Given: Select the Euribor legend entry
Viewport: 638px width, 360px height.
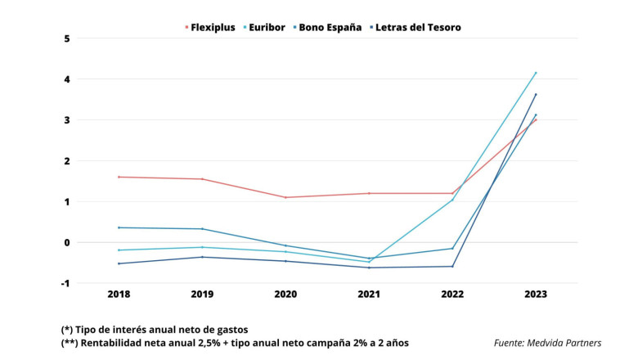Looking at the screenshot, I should coord(264,27).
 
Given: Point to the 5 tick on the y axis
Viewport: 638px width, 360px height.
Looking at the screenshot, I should coord(67,38).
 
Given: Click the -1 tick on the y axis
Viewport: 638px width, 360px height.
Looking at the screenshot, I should coord(65,283).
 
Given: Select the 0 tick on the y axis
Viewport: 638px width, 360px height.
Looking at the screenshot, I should coord(67,242).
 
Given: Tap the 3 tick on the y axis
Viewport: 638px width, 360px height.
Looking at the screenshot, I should coord(67,120).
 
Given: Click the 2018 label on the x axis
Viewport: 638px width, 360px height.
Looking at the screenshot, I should coord(119,294).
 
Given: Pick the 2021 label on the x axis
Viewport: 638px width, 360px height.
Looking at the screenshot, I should coord(369,294).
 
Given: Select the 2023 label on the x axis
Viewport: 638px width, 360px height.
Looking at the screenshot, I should coord(535,294).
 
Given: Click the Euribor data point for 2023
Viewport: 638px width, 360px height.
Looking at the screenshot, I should coord(536,72).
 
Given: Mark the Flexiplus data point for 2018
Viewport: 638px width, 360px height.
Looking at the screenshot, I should coord(119,177).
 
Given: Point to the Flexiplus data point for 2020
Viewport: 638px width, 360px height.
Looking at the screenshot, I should coord(285,197).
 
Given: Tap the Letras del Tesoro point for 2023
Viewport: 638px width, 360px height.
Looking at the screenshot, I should coord(536,94).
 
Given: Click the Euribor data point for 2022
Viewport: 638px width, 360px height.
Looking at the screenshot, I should coord(452,200).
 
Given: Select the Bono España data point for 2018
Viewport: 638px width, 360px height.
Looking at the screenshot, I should coord(119,227).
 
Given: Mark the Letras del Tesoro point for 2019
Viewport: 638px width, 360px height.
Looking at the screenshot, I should coord(202,257).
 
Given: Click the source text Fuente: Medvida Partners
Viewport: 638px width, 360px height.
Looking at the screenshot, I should coord(547,343).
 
